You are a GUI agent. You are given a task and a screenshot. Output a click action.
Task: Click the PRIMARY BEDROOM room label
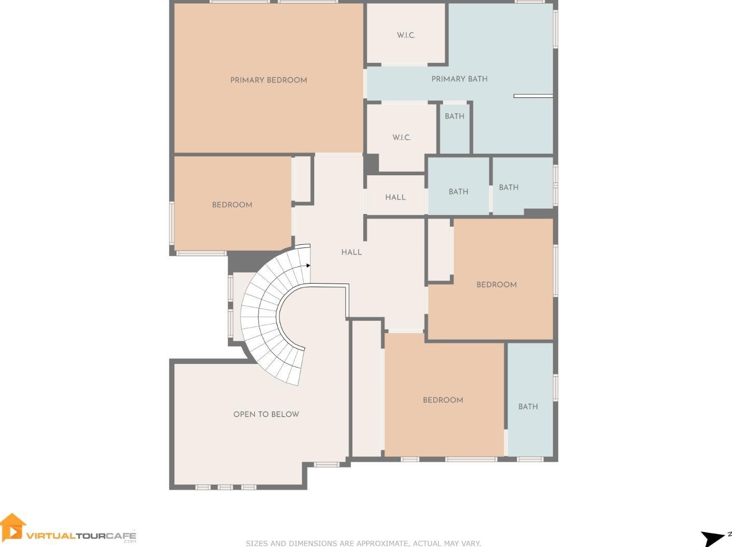pos(268,80)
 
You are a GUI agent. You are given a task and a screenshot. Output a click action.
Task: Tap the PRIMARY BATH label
pos(459,79)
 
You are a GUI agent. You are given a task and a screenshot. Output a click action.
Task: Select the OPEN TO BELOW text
pos(266,415)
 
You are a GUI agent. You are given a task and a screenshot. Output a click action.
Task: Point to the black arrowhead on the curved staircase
pos(308,266)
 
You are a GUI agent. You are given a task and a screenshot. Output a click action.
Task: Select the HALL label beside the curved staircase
pos(351,253)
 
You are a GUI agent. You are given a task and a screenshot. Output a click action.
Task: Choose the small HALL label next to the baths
pos(396,197)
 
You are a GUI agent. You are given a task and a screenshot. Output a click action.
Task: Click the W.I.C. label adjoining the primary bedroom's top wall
pos(406,35)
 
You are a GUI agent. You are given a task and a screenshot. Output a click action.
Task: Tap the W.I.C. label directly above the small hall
pos(401,138)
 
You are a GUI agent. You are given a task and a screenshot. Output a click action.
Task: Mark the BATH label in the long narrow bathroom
pos(528,407)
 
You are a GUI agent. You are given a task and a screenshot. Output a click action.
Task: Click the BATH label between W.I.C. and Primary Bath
pos(454,117)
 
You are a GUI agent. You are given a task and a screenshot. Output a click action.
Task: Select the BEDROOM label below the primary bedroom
pos(232,205)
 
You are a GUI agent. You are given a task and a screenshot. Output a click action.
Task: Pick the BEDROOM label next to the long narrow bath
pos(443,400)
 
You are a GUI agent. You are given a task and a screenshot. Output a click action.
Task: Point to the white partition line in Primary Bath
pos(533,96)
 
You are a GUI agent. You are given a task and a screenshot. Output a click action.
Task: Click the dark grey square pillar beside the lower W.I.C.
pos(371,163)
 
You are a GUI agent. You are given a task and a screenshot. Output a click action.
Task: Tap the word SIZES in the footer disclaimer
pos(257,544)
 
